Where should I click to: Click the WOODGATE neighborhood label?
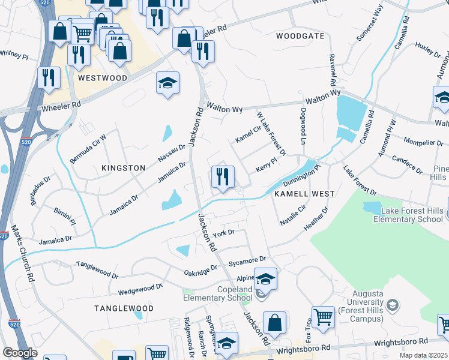click(x=300, y=36)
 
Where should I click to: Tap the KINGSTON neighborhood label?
click(x=124, y=168)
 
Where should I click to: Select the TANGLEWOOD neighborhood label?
click(x=124, y=308)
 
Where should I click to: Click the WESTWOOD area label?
click(x=102, y=78)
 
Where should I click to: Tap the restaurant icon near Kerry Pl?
click(x=223, y=177)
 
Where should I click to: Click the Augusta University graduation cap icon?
click(x=392, y=305)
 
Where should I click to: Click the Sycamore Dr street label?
click(x=250, y=260)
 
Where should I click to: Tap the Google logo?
click(x=20, y=353)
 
